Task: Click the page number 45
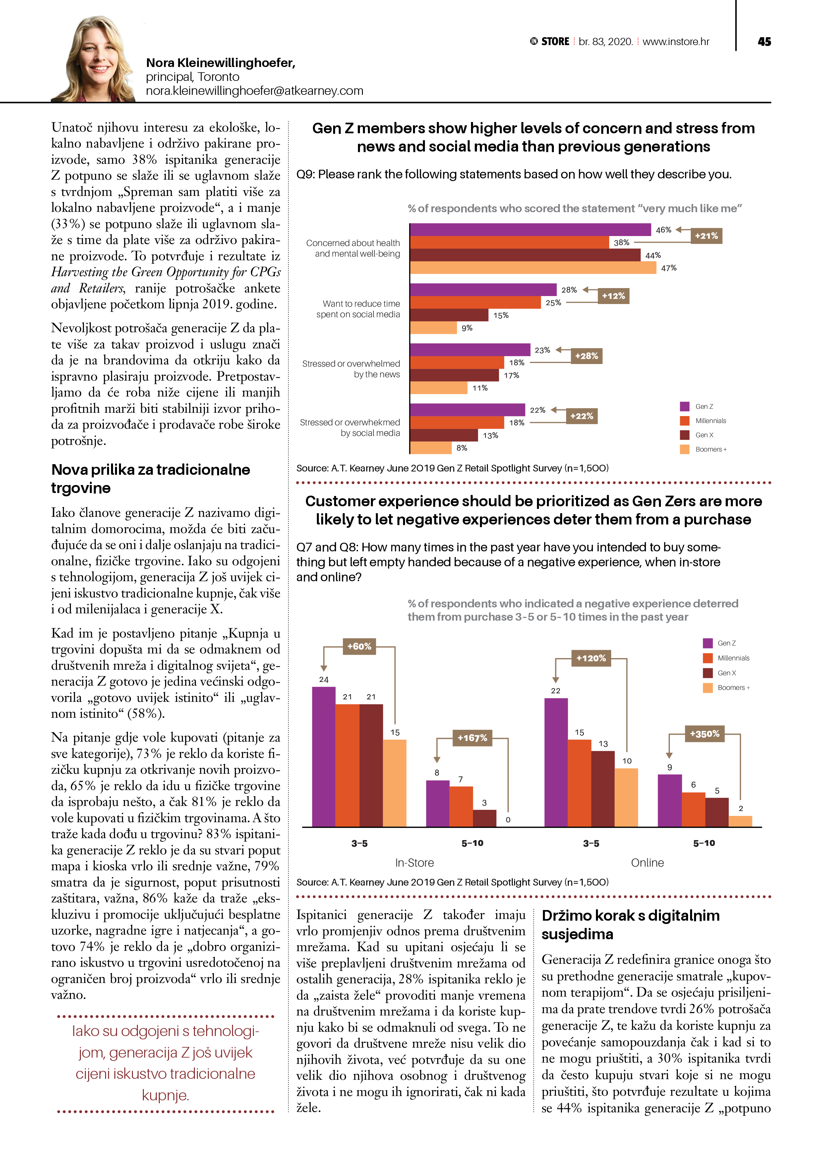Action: [764, 41]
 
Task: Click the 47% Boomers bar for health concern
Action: [533, 268]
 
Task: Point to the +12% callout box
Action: [613, 296]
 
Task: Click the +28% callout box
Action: [586, 356]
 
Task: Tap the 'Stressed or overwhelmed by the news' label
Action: [351, 369]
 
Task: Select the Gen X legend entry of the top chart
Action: [703, 435]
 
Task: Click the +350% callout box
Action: [704, 734]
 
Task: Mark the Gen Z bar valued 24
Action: [323, 757]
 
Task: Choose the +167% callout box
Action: [472, 738]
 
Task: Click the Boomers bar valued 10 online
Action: [626, 797]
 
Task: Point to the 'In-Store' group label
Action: [414, 863]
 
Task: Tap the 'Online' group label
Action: [647, 863]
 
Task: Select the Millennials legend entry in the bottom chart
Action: [733, 658]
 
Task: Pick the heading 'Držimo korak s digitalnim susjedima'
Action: [630, 924]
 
